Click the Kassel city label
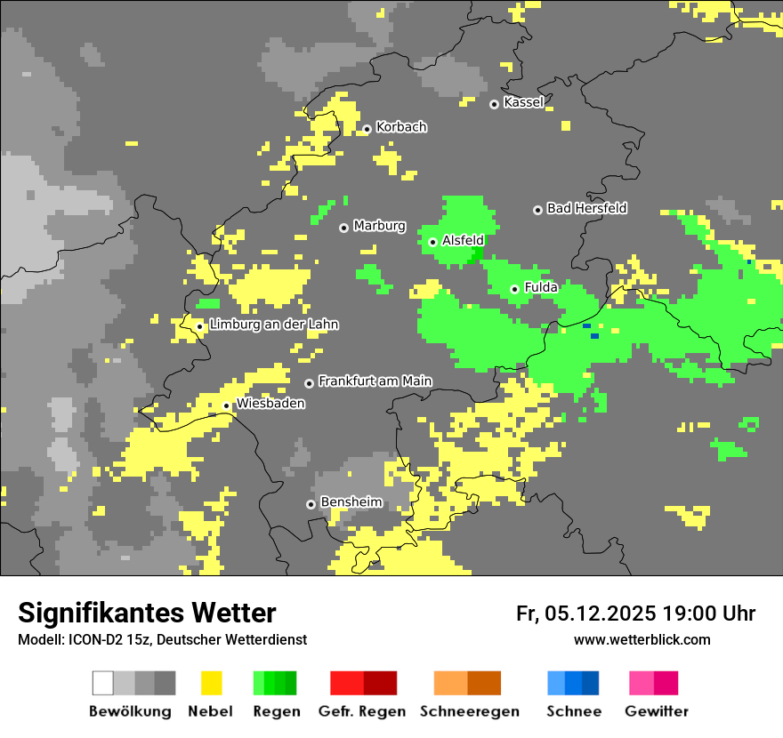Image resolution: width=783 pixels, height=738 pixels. (523, 102)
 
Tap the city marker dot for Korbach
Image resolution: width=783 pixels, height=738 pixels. (367, 130)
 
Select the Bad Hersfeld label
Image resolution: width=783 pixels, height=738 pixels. (586, 208)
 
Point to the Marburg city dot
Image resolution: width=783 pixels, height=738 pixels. (343, 229)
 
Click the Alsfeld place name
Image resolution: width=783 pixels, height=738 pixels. (463, 240)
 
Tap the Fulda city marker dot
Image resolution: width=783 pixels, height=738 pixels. (514, 289)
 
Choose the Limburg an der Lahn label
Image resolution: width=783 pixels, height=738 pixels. (273, 325)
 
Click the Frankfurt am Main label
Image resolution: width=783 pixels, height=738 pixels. (375, 381)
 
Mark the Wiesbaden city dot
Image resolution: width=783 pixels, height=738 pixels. (227, 406)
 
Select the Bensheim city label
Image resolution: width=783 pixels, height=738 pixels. (351, 502)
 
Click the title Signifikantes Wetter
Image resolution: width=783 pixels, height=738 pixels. (147, 614)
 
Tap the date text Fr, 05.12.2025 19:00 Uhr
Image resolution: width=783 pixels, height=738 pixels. (635, 614)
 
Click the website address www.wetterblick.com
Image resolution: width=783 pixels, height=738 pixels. (642, 640)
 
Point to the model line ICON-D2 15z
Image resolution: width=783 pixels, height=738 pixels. (162, 640)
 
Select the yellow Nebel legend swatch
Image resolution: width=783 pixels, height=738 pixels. (211, 683)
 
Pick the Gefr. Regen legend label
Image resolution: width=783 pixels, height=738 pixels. (362, 711)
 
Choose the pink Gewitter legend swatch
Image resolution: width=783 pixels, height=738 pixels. (642, 683)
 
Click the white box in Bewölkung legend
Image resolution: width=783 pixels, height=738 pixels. (103, 683)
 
